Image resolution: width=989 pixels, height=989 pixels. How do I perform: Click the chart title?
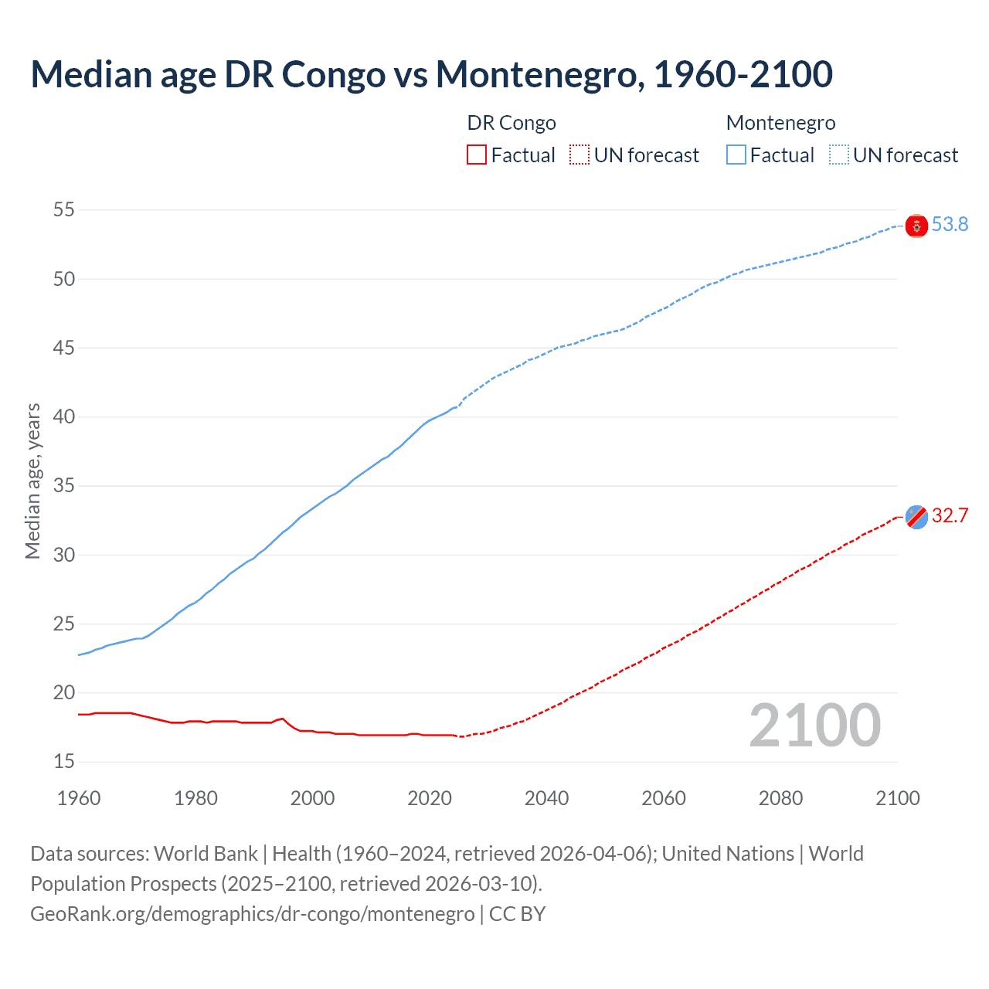431,74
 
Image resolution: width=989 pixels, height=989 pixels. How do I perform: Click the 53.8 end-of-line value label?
950,225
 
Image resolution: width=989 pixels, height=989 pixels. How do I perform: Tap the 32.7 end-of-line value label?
950,516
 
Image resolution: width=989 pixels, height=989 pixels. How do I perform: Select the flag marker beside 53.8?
916,226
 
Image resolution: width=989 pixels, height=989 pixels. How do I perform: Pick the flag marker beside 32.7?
916,516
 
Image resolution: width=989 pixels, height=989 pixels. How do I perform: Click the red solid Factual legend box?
477,155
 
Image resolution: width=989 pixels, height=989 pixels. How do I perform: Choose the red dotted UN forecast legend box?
579,155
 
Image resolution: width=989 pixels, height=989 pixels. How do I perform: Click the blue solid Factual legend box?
736,155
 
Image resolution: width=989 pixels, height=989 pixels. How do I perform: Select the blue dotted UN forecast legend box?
839,155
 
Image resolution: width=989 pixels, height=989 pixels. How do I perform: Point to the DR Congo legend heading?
511,123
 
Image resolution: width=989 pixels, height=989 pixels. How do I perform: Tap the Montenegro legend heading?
780,123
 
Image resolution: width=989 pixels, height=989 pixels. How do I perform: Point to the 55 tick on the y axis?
64,210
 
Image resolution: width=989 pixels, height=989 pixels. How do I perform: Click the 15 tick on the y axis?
64,762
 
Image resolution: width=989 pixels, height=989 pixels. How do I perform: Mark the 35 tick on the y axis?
64,486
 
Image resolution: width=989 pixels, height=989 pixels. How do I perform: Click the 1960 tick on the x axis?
79,798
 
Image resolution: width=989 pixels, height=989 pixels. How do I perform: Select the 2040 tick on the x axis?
546,798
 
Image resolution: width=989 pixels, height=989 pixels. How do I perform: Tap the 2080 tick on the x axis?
780,798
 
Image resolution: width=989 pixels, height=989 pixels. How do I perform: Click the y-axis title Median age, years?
32,481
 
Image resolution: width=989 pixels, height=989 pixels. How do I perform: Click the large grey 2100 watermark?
814,726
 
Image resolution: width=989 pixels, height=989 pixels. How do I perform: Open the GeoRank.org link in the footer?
252,914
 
